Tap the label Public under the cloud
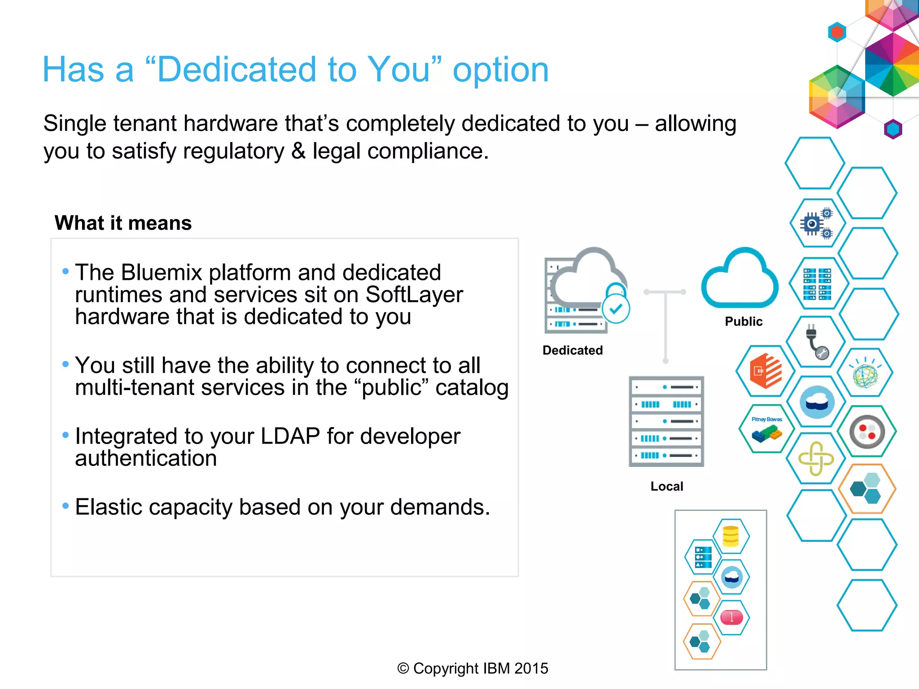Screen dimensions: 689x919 point(744,321)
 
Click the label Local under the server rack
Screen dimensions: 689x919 point(667,486)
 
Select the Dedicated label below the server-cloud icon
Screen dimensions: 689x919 point(573,350)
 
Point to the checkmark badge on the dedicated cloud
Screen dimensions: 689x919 point(616,309)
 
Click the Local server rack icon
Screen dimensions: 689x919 point(666,422)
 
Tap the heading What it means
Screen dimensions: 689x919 point(123,223)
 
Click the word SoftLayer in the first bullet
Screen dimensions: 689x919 point(414,295)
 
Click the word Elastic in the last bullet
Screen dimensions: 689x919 point(108,507)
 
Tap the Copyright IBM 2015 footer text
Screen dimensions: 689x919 point(473,668)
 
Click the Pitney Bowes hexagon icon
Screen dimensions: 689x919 point(766,429)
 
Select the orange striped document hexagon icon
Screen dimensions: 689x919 point(766,371)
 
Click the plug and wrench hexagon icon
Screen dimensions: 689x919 point(817,342)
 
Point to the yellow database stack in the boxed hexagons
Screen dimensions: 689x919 point(731,536)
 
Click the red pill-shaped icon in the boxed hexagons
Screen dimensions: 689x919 point(731,617)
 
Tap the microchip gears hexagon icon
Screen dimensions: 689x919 point(817,223)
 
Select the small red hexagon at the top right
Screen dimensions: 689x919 point(837,32)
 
